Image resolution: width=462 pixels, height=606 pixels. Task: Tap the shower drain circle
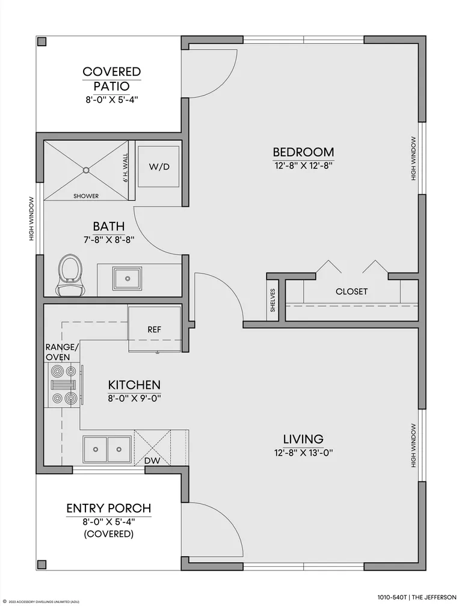click(86, 170)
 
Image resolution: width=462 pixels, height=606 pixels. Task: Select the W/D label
click(159, 167)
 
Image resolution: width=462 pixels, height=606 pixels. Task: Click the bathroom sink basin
click(127, 278)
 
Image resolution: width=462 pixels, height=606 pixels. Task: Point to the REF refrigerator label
click(154, 329)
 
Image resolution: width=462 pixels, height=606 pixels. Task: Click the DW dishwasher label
click(152, 461)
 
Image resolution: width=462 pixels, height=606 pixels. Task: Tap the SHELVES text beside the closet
click(273, 301)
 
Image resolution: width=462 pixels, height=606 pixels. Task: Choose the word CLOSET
click(351, 292)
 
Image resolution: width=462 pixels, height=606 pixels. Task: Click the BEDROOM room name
click(304, 152)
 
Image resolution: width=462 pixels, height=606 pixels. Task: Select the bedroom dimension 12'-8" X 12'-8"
click(304, 166)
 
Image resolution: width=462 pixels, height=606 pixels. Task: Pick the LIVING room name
click(304, 439)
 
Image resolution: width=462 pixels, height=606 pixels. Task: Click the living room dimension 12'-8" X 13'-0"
click(304, 453)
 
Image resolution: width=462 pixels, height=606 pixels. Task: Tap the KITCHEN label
click(134, 385)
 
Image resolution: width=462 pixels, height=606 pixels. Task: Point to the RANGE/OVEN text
click(62, 352)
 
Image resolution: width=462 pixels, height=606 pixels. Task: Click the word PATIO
click(112, 86)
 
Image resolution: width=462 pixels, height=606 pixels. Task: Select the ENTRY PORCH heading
click(109, 508)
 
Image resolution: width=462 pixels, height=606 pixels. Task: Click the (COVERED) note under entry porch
click(109, 534)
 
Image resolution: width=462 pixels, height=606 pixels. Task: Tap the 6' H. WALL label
click(125, 168)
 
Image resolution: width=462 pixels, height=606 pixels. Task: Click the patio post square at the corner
click(42, 41)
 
